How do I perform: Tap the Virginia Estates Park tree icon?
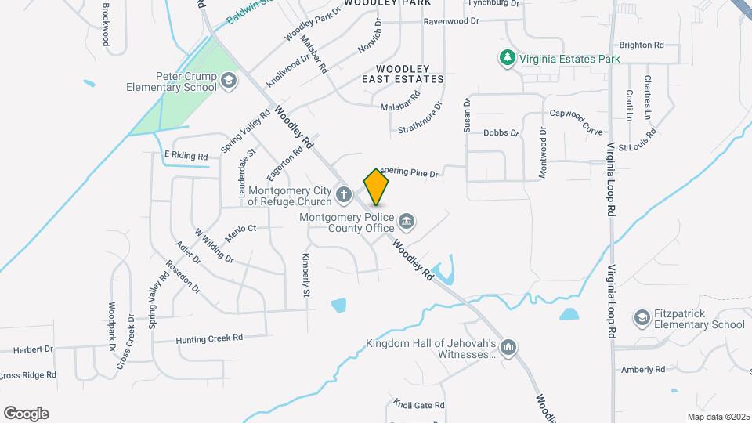pyautogui.click(x=508, y=58)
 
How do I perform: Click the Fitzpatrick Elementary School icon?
pyautogui.click(x=643, y=317)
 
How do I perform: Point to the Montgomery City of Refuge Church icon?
pyautogui.click(x=343, y=193)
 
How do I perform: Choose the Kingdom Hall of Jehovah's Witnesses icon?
pyautogui.click(x=508, y=346)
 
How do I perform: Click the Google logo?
pyautogui.click(x=26, y=414)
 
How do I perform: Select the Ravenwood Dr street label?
pyautogui.click(x=450, y=21)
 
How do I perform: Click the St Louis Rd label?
pyautogui.click(x=635, y=146)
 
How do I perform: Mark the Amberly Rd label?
pyautogui.click(x=642, y=369)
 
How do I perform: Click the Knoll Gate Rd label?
pyautogui.click(x=418, y=405)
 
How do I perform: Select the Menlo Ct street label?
pyautogui.click(x=240, y=229)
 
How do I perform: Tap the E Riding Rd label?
pyautogui.click(x=186, y=157)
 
